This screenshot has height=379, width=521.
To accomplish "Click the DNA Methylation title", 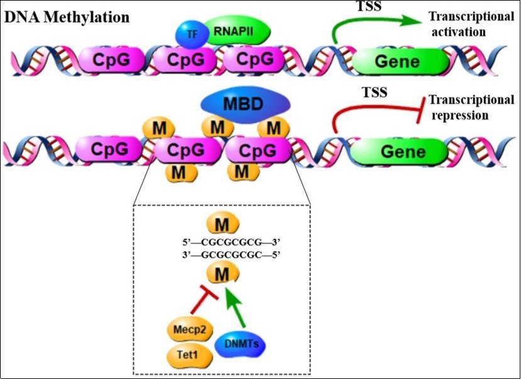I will pyautogui.click(x=67, y=17).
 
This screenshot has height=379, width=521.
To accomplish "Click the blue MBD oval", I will pyautogui.click(x=246, y=103).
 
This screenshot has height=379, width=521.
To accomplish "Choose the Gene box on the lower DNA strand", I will pyautogui.click(x=400, y=152).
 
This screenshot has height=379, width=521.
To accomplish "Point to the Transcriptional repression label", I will pyautogui.click(x=471, y=108).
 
